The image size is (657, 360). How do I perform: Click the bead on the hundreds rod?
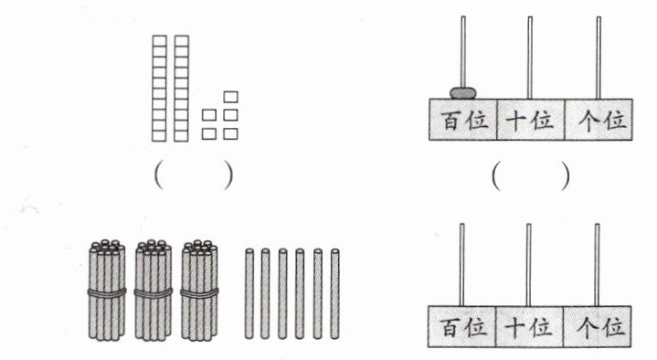click(462, 92)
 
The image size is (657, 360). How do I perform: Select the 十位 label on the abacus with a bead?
click(530, 121)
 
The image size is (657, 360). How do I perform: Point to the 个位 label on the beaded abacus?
click(602, 121)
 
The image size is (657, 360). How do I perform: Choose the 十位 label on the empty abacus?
click(529, 327)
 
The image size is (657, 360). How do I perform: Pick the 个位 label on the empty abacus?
click(601, 327)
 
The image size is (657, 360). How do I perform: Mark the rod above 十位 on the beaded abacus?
click(530, 58)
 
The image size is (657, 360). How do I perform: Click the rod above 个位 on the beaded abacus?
click(599, 58)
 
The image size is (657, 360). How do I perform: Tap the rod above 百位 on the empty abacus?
click(461, 265)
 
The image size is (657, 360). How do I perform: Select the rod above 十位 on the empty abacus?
click(529, 265)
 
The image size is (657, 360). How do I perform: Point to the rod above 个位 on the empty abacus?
click(597, 265)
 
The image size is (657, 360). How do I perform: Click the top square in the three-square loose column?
click(231, 97)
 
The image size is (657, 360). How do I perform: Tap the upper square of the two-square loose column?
click(209, 115)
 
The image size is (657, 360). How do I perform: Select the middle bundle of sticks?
click(153, 290)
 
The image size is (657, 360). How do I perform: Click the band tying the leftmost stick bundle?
click(107, 292)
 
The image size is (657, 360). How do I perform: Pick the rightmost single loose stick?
click(334, 294)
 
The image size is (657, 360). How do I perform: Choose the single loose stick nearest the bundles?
click(249, 294)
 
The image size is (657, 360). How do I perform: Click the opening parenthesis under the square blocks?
click(159, 175)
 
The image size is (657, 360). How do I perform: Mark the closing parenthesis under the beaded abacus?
click(566, 176)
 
